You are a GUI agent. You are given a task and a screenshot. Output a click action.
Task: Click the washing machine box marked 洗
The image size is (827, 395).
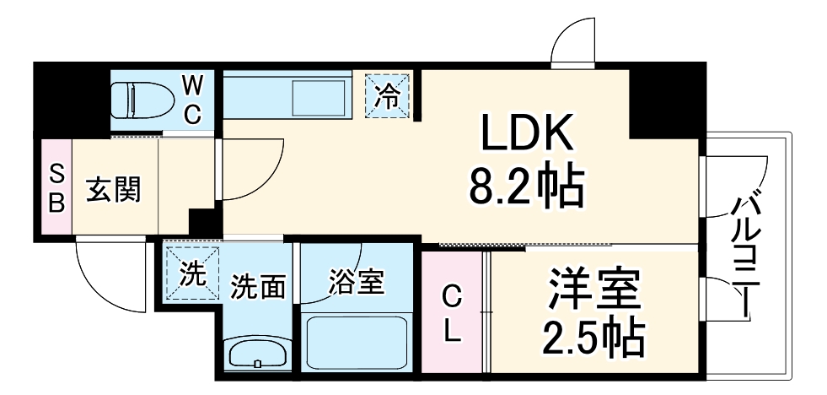coord(191,273)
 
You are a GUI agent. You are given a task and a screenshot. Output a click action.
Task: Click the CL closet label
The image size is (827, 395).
coord(454,315)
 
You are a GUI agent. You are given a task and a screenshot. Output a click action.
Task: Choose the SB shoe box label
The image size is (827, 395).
coord(56,188)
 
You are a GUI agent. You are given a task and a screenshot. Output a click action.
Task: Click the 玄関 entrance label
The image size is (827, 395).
coord(113,189)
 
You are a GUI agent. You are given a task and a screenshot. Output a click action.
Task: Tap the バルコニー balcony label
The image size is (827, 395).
coord(747,253)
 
